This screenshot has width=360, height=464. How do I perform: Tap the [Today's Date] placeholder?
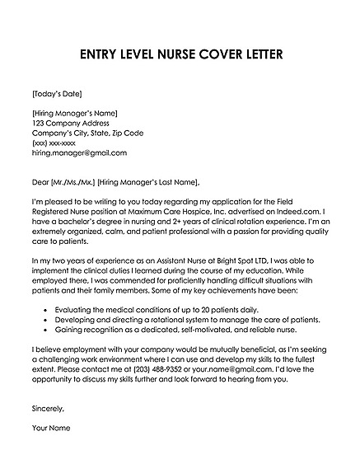[57, 92]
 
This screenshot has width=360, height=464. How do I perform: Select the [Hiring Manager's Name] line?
[75, 113]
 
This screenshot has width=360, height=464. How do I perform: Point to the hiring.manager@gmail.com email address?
[79, 152]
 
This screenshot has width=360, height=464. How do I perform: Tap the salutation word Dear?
[41, 181]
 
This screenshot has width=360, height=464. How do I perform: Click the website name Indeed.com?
[287, 212]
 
